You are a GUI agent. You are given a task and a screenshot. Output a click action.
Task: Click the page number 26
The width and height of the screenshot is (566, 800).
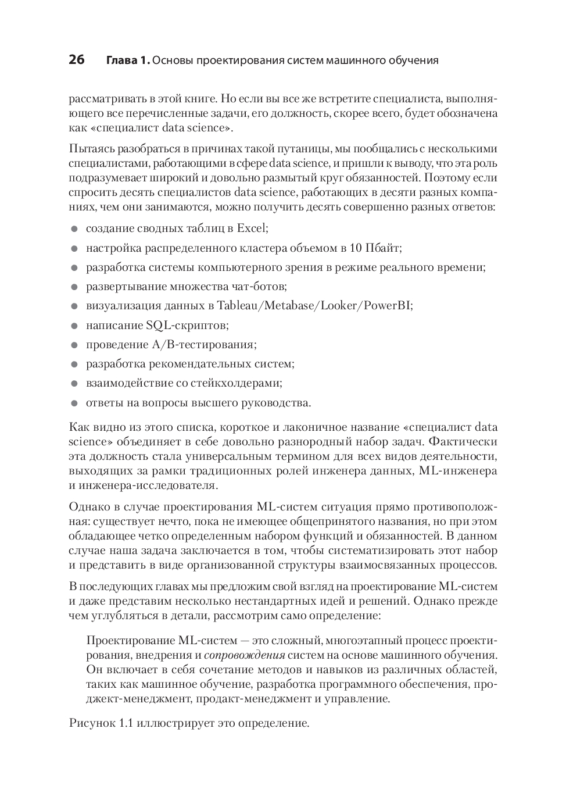(77, 60)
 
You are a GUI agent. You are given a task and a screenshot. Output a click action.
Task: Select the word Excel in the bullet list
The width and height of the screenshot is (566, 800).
(251, 228)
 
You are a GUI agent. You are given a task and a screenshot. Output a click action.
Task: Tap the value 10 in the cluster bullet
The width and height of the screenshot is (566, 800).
(356, 248)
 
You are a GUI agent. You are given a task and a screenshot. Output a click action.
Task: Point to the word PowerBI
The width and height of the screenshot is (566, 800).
(388, 306)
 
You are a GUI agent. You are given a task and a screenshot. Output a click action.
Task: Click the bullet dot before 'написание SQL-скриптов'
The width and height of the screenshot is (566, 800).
(74, 326)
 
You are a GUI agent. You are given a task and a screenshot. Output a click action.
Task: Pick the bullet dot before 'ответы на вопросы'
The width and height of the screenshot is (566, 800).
(74, 403)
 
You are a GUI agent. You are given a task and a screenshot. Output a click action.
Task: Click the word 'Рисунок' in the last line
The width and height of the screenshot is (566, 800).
(92, 724)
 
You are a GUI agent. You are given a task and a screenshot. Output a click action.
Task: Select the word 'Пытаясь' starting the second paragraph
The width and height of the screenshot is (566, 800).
(90, 149)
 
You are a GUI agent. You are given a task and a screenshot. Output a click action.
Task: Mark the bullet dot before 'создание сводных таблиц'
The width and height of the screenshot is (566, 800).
(74, 229)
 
